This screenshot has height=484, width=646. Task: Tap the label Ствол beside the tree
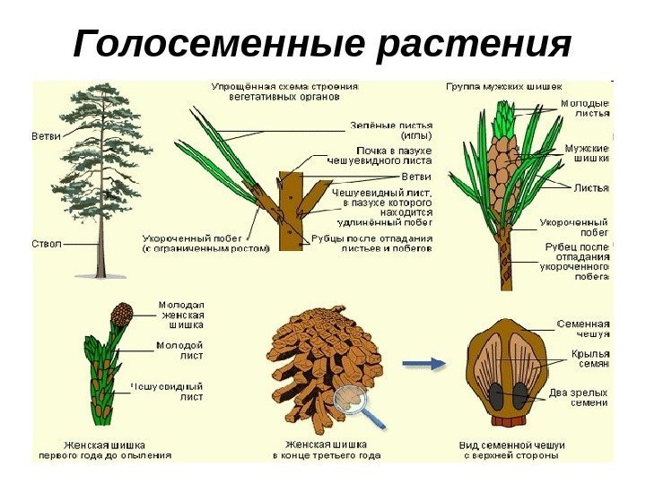click(x=47, y=243)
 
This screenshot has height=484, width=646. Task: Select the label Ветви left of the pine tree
click(x=46, y=137)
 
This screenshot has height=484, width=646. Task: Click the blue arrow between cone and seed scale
click(x=423, y=363)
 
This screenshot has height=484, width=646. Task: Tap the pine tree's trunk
click(x=100, y=242)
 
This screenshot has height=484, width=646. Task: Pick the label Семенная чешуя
click(x=583, y=329)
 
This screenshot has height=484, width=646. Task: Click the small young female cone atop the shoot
click(x=120, y=315)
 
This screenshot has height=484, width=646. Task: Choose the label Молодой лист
click(x=179, y=350)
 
